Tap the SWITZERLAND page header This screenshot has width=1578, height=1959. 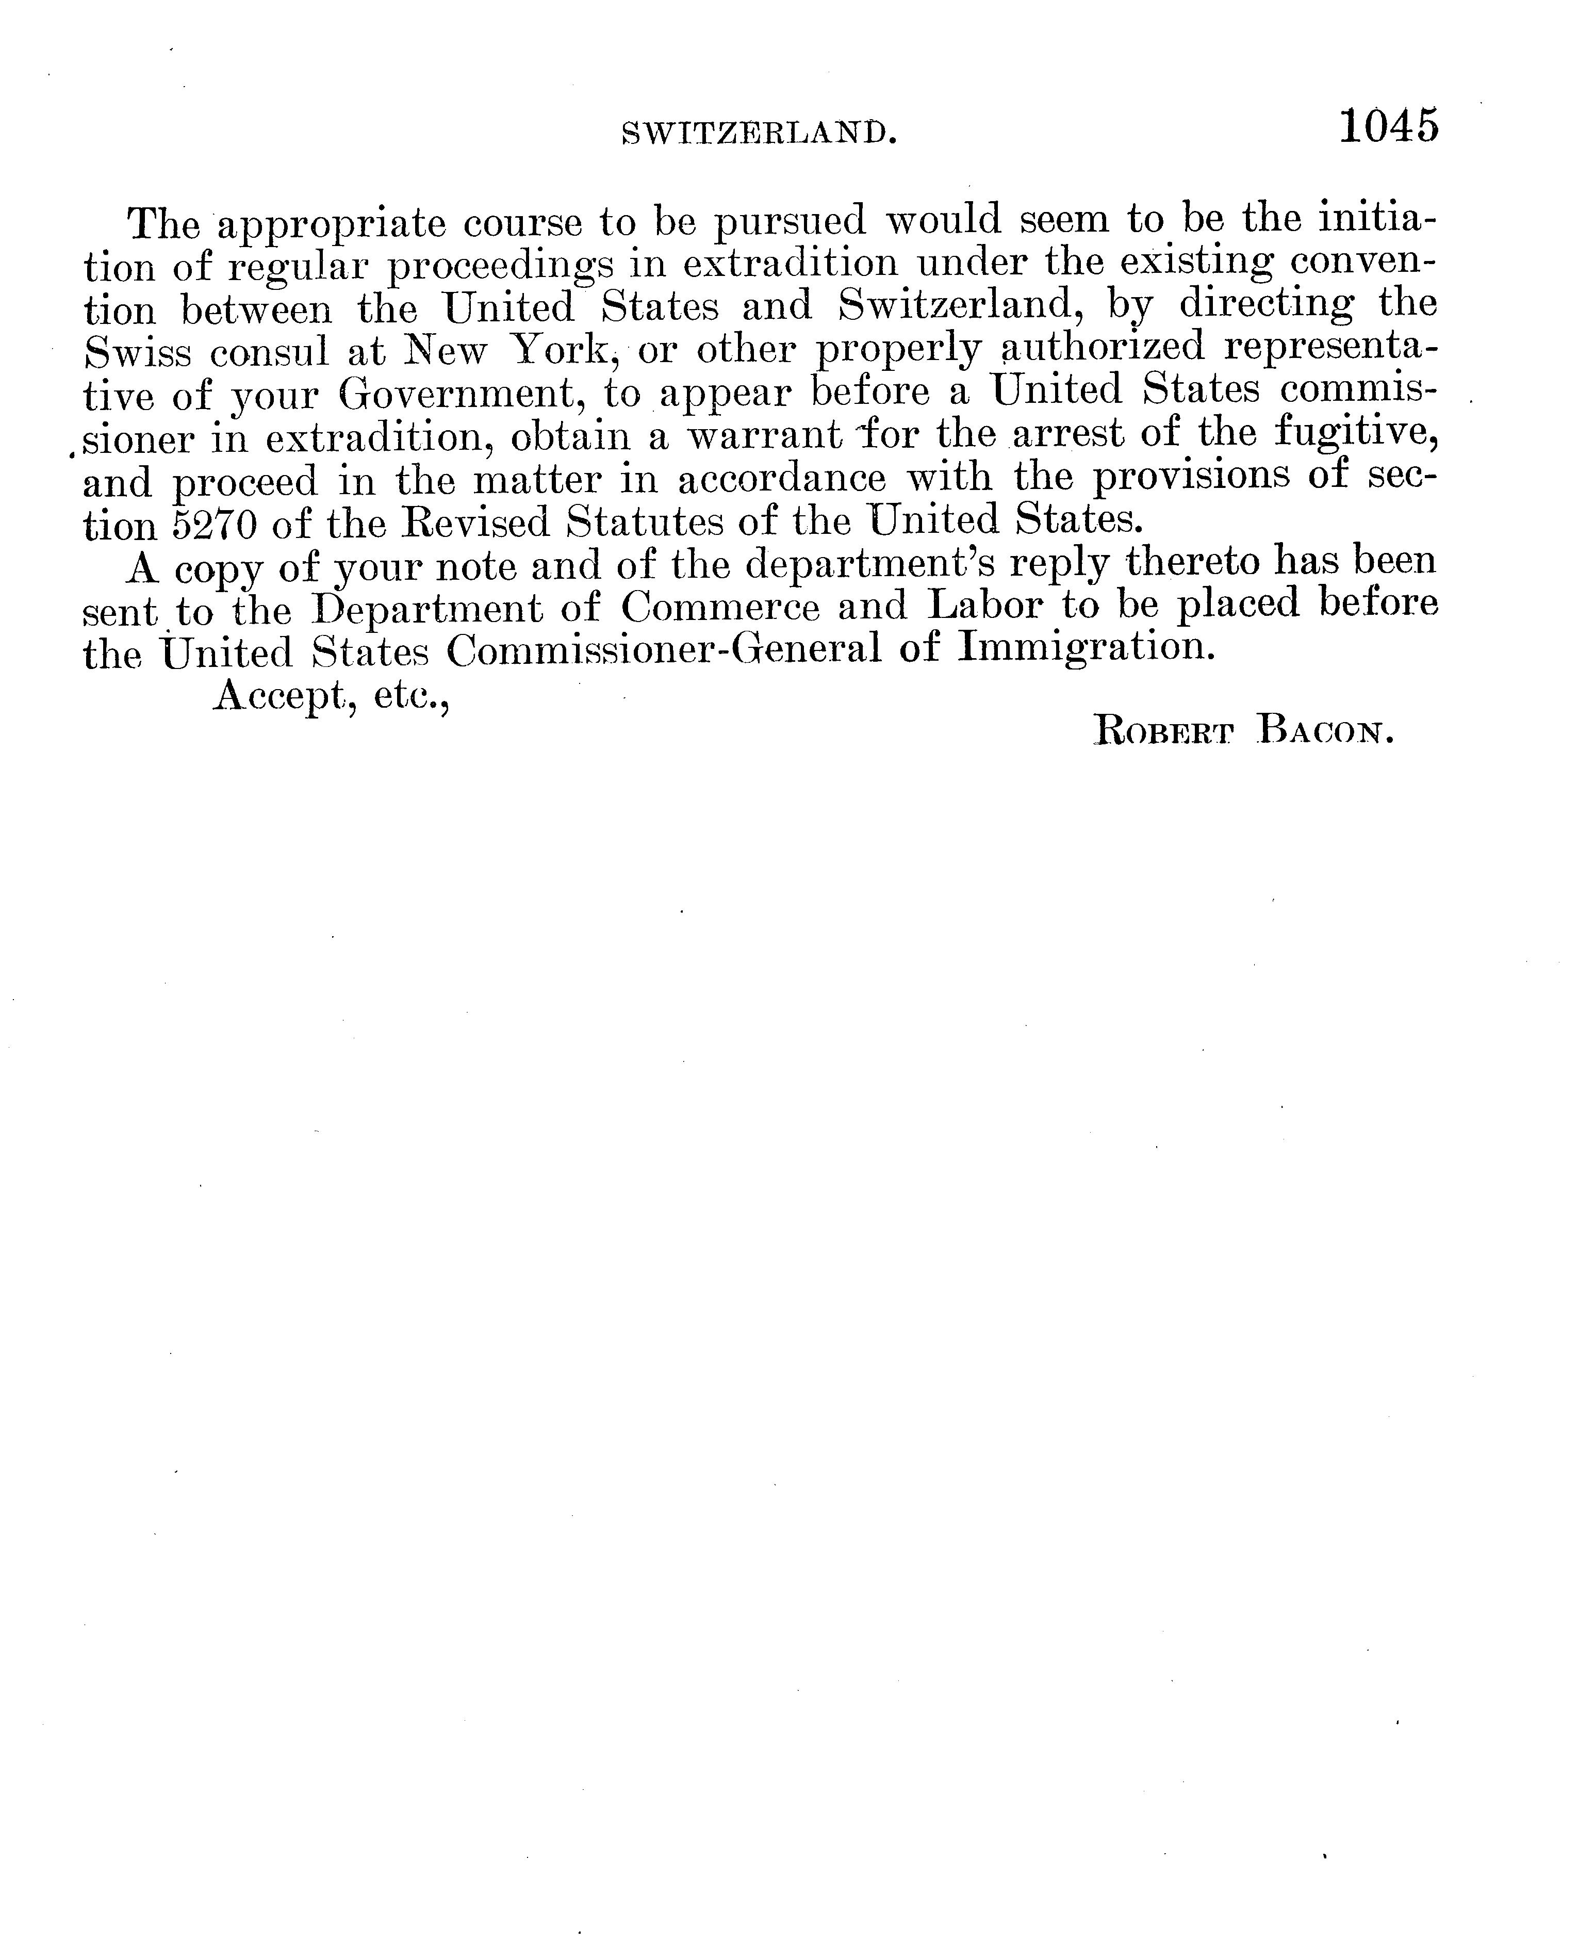coord(759,134)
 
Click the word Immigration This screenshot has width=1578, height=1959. coord(1087,649)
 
